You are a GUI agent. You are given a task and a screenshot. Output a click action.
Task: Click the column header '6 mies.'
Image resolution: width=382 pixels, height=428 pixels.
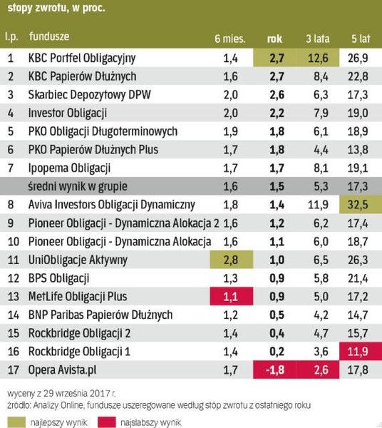226,38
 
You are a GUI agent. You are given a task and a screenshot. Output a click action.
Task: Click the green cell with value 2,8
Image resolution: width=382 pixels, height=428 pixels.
226,260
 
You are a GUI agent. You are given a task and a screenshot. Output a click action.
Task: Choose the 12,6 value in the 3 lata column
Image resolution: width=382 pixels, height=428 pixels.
316,57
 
